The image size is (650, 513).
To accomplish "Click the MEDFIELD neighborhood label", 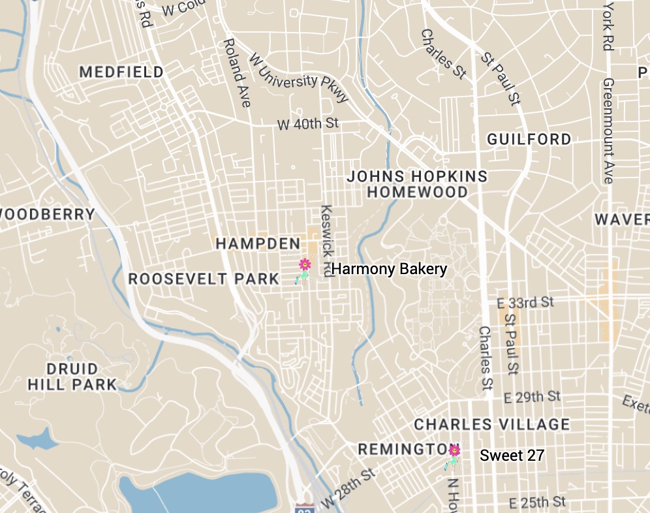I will click(x=121, y=72).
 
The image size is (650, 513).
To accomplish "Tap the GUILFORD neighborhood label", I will click(x=529, y=139).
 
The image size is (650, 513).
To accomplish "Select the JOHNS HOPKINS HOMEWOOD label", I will click(x=417, y=184).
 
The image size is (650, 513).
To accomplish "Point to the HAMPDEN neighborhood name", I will click(x=258, y=243).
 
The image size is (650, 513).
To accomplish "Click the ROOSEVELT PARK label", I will click(x=204, y=279).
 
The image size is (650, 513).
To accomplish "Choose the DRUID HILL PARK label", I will click(x=72, y=377).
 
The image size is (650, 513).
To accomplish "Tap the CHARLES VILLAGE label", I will click(x=492, y=424).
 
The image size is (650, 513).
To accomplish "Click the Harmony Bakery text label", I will click(x=389, y=269).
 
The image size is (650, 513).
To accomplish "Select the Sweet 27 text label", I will click(x=512, y=456).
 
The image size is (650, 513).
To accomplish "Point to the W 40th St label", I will click(x=308, y=123).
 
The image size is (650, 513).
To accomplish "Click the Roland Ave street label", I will click(x=237, y=72).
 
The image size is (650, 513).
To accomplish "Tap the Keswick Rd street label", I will click(x=327, y=241).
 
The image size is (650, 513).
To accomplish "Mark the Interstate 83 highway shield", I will click(x=302, y=507).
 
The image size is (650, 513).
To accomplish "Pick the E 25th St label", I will click(x=536, y=501).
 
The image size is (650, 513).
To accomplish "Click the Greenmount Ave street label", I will click(x=609, y=131).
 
